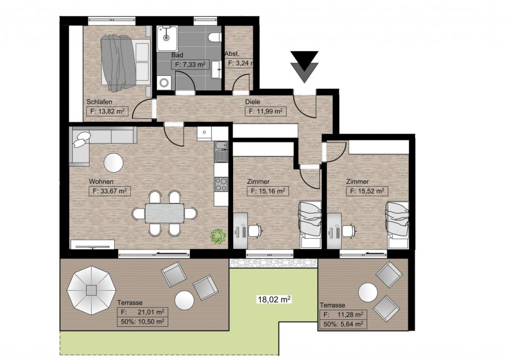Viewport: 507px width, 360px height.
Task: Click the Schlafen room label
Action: pyautogui.click(x=99, y=102)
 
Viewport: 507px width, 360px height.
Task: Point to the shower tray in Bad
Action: pyautogui.click(x=167, y=39)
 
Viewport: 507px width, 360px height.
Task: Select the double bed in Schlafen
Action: pyautogui.click(x=125, y=63)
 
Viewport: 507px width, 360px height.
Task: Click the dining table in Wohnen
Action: pyautogui.click(x=164, y=213)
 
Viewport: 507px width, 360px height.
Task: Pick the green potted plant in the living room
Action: pyautogui.click(x=218, y=236)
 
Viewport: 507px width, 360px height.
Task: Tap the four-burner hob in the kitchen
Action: pyautogui.click(x=221, y=184)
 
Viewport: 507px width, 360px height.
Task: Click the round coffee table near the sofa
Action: pyautogui.click(x=113, y=162)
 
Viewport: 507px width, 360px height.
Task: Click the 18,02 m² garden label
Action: pyautogui.click(x=274, y=299)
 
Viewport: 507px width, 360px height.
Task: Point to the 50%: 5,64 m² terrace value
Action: pyautogui.click(x=343, y=324)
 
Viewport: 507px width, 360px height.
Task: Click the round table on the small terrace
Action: pyautogui.click(x=368, y=292)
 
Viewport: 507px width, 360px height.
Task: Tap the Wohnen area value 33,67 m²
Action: pyautogui.click(x=109, y=191)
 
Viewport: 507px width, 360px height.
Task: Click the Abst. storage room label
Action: pyautogui.click(x=232, y=54)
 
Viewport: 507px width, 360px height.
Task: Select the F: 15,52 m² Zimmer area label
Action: pyautogui.click(x=367, y=191)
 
